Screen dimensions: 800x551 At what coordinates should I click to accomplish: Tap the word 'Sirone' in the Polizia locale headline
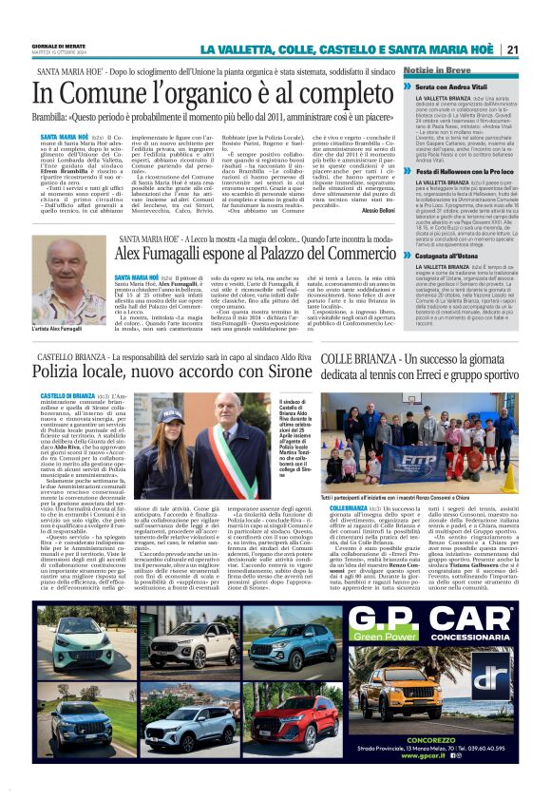(271, 380)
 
